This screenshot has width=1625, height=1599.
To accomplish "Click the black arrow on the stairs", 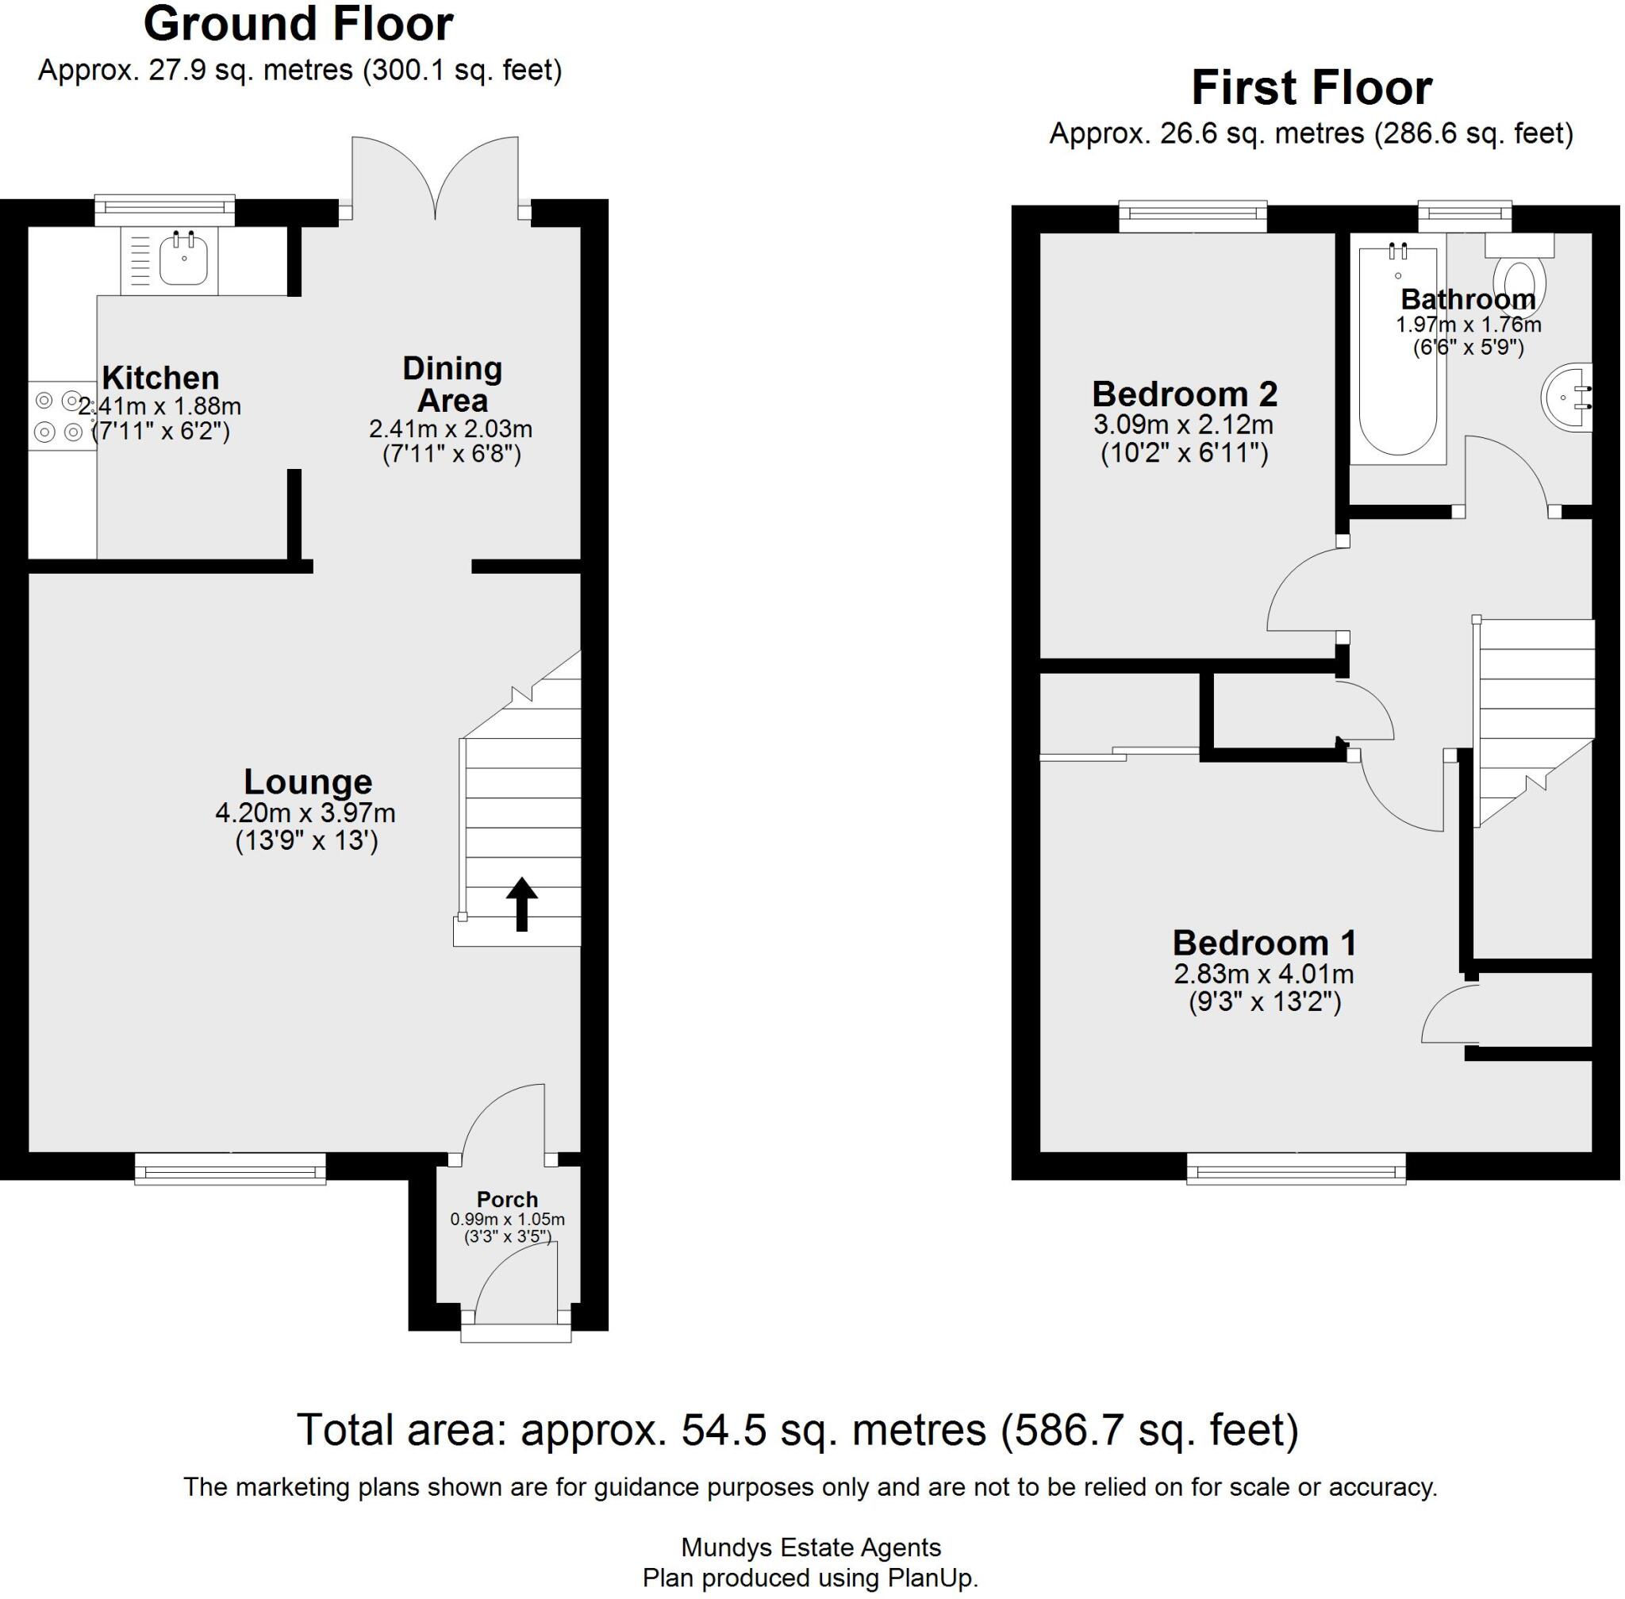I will [x=521, y=903].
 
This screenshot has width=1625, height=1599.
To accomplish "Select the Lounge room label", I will [x=307, y=782].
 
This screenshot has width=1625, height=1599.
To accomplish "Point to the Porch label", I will [x=506, y=1199].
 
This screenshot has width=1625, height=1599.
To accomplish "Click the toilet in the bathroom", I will [x=1519, y=280].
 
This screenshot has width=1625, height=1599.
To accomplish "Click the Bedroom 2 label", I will [x=1183, y=394].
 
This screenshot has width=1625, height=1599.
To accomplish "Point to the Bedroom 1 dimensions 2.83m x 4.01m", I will [x=1263, y=974].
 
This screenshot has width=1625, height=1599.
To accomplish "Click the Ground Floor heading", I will [x=298, y=25].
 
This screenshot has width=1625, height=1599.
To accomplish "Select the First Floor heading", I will [x=1311, y=88].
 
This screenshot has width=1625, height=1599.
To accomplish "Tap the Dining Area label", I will [x=451, y=384].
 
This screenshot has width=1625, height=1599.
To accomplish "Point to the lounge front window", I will [x=230, y=1167].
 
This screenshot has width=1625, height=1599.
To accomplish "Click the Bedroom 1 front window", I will [x=1295, y=1167].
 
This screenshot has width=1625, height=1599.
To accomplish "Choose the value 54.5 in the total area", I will [x=723, y=1430].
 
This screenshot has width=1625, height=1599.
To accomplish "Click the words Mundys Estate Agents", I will [x=810, y=1547].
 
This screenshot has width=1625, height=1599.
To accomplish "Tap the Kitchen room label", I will [x=160, y=378].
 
